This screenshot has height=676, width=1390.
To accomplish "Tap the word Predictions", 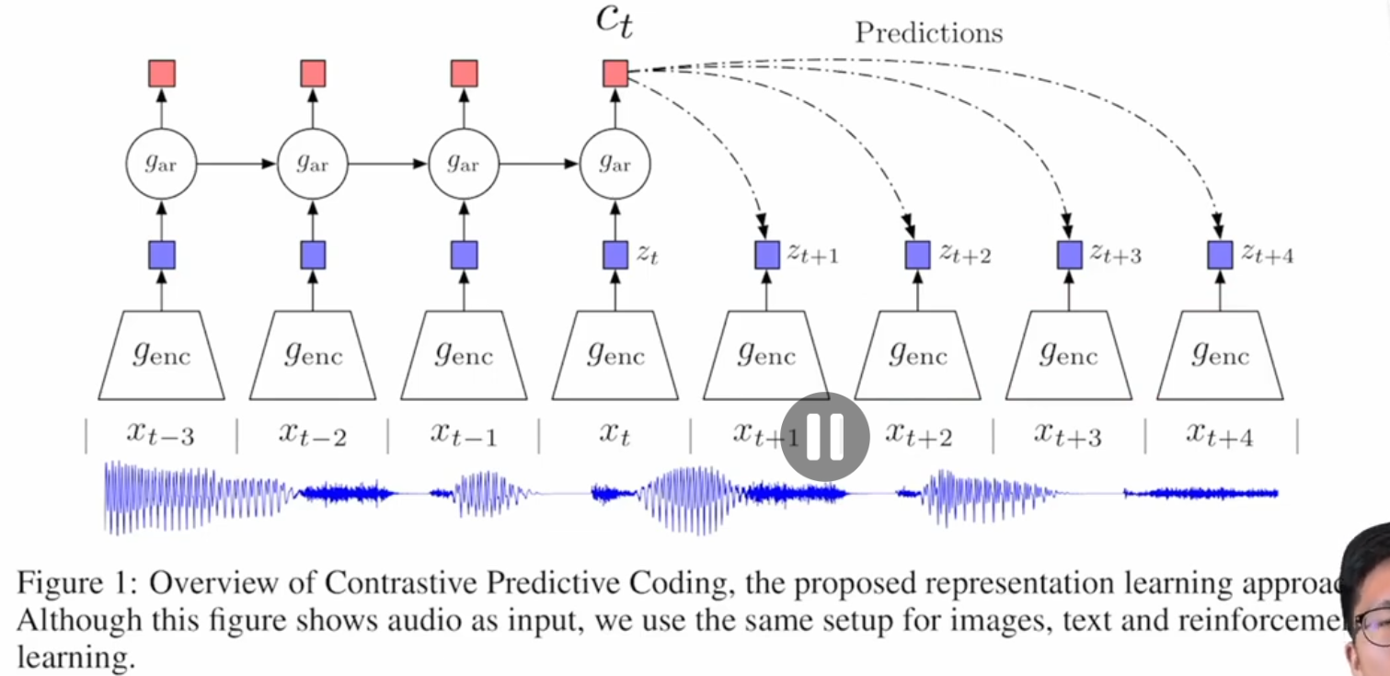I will click(928, 33).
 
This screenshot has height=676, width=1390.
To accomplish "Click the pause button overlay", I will click(825, 437).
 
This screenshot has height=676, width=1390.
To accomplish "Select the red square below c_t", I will click(615, 73).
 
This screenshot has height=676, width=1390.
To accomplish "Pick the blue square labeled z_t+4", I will click(1220, 255).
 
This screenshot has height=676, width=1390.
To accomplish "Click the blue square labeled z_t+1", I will click(767, 255).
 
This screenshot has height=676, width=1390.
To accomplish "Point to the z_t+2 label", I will click(965, 255).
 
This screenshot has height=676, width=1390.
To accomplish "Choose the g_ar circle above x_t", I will click(615, 165).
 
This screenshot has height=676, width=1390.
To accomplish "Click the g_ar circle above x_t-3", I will click(162, 165).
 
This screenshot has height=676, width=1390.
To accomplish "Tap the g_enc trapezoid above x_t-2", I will click(313, 355).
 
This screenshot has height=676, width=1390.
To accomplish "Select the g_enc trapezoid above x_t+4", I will click(1220, 355).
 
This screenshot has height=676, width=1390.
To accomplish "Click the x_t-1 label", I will click(464, 434).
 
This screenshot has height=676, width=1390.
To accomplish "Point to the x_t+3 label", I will click(1068, 434).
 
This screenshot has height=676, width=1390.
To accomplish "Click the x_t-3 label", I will click(161, 434).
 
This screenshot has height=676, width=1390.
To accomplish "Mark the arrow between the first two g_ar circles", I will click(237, 165).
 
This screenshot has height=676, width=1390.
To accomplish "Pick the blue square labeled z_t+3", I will click(1069, 255).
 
